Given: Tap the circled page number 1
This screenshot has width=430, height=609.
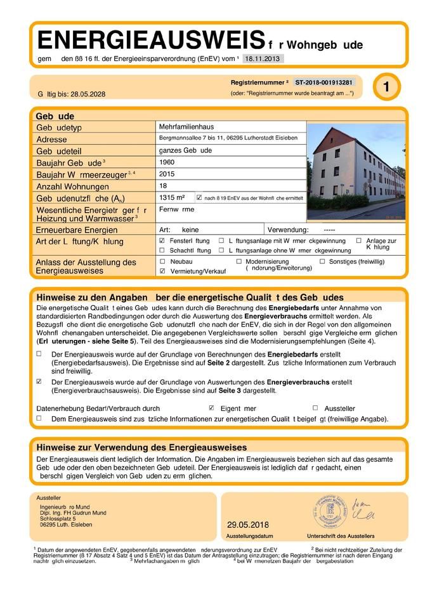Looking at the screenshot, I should [386, 88].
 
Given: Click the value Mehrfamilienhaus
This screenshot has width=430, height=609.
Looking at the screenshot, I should [184, 127].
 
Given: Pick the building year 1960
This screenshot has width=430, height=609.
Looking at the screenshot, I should [167, 162].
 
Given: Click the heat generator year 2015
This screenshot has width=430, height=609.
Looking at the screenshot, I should [167, 173].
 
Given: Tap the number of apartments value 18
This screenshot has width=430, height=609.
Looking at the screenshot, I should [164, 185].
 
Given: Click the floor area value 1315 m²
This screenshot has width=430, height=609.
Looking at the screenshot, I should [172, 197].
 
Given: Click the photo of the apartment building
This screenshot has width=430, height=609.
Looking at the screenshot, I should [356, 171].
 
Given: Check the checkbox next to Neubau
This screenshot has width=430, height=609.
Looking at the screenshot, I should [162, 261].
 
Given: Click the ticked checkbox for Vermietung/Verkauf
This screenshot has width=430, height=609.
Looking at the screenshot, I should [162, 271].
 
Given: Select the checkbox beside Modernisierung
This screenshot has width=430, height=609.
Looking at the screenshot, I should [238, 261].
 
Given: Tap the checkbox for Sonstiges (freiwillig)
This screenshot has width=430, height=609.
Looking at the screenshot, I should [322, 261].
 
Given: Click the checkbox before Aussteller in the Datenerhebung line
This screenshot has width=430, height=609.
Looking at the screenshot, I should [315, 408].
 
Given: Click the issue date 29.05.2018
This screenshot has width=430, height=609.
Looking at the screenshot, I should [248, 525].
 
